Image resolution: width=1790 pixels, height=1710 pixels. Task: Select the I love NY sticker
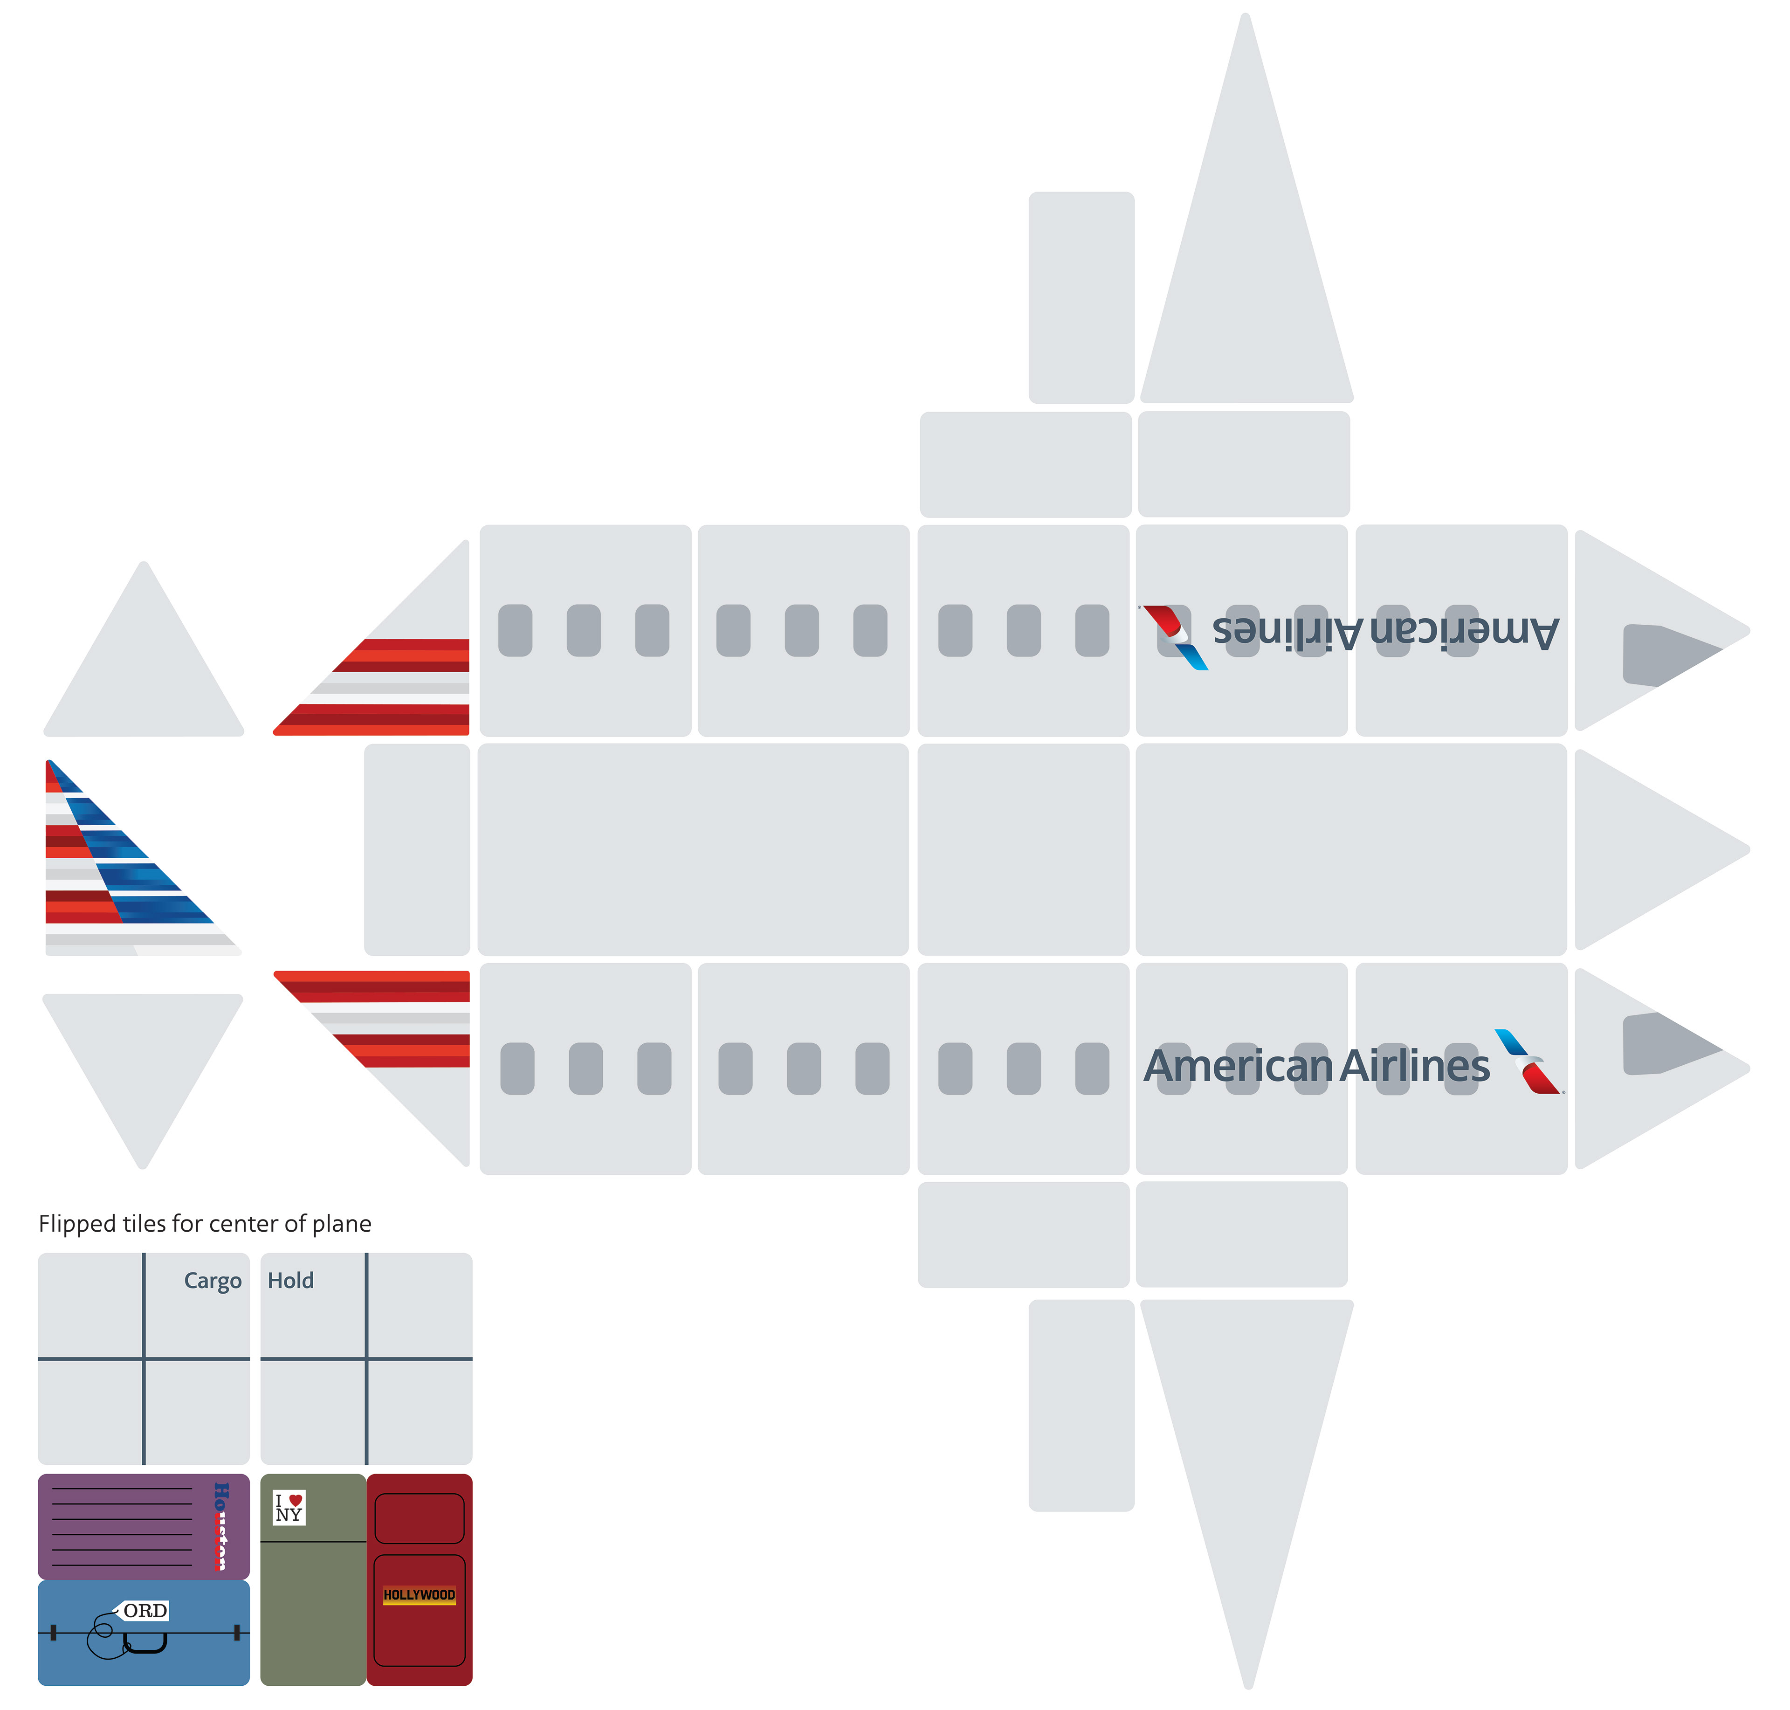coord(289,1508)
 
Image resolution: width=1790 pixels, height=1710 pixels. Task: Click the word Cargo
coord(213,1281)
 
